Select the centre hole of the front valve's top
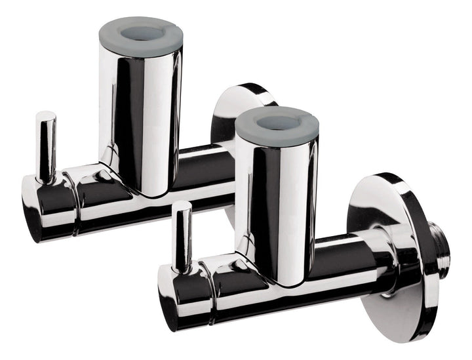(279, 123)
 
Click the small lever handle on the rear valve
(45, 148)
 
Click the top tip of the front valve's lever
(182, 207)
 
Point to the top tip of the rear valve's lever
(45, 117)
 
